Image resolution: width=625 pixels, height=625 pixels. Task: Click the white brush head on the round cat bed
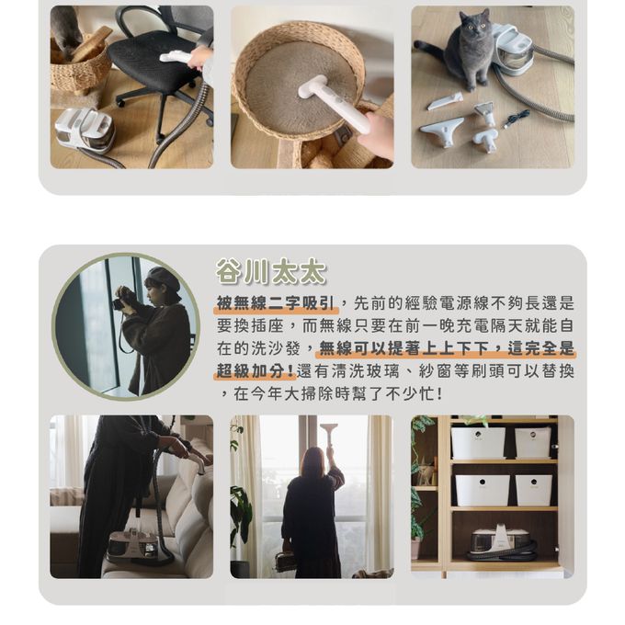coord(317,92)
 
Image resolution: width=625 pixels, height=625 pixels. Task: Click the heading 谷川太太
coord(271,271)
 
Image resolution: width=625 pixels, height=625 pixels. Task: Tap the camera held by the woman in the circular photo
coord(119,303)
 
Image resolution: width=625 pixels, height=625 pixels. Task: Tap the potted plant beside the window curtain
coord(241,515)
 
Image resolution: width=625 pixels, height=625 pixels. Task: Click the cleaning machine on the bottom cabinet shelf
coord(501,542)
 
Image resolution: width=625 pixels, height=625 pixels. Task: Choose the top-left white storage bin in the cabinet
coord(477,443)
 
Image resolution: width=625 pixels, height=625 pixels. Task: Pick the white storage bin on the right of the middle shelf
coord(533,489)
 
